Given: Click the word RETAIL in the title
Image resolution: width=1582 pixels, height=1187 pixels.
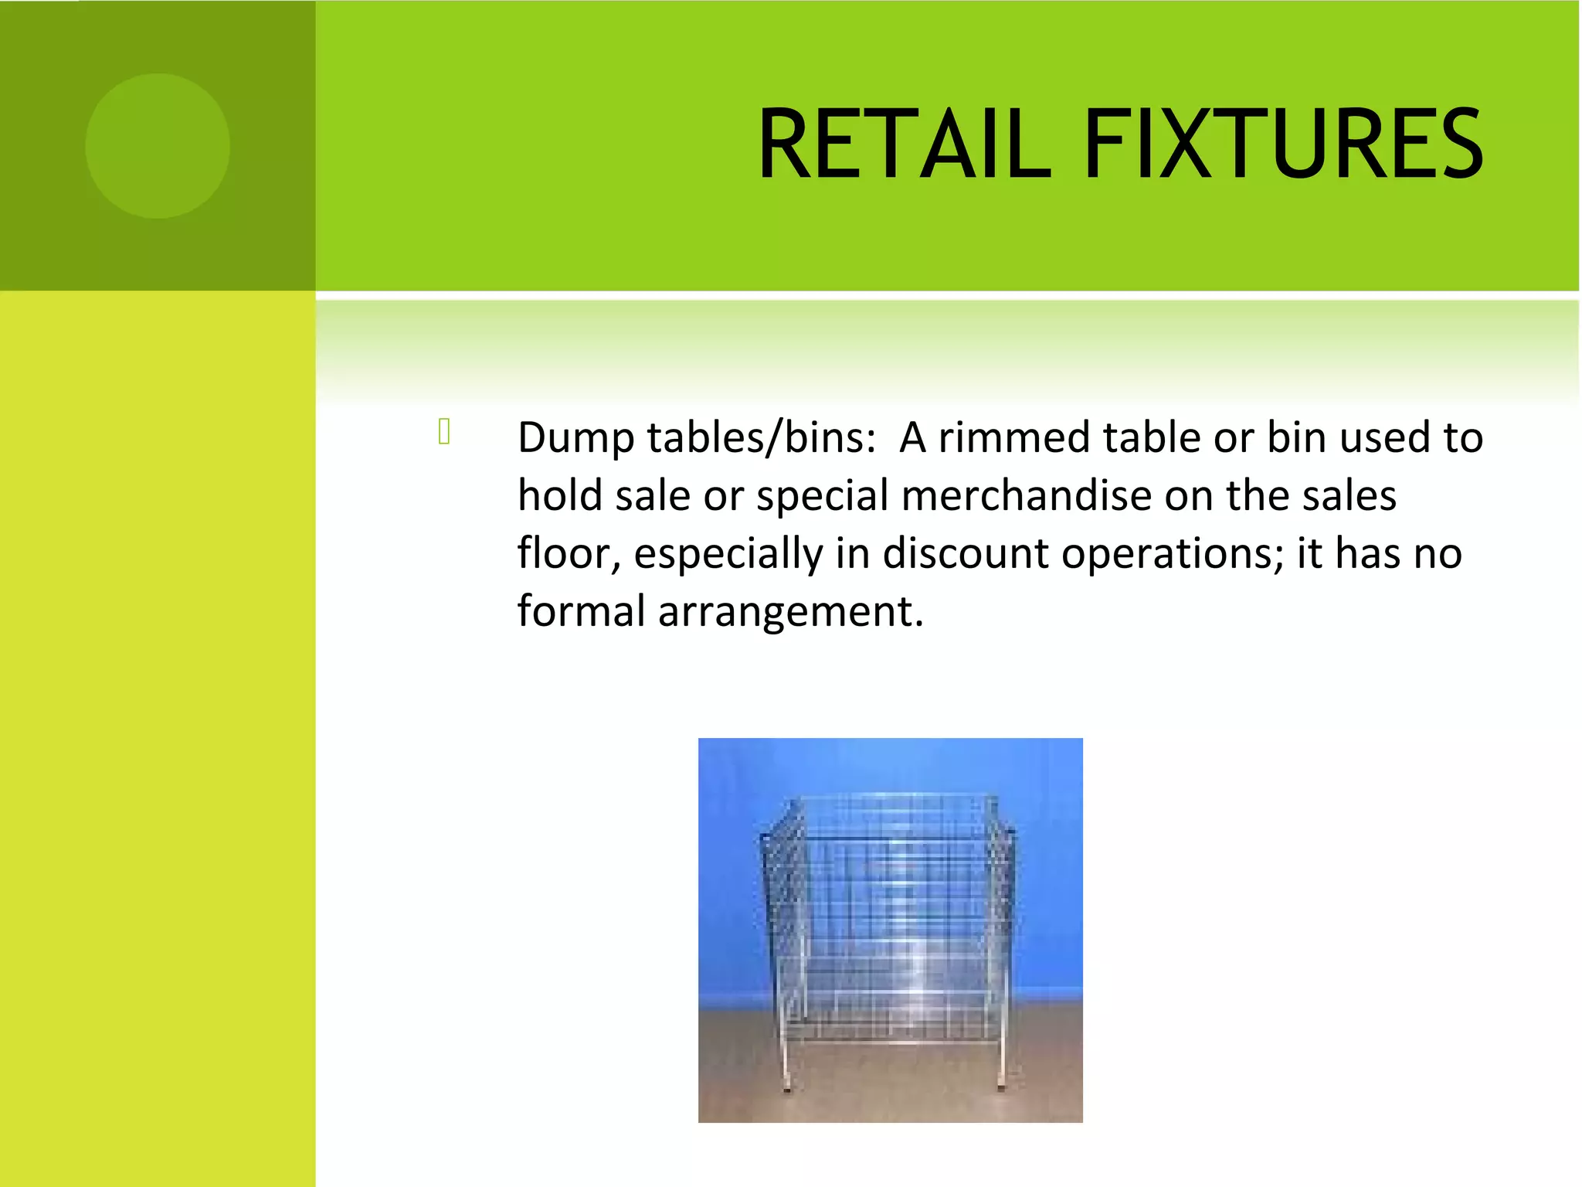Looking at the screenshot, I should click(905, 145).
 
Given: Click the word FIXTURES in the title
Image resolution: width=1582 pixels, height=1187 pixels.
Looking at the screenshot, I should click(1283, 145).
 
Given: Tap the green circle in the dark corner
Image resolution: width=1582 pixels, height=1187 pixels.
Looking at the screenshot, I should click(158, 145).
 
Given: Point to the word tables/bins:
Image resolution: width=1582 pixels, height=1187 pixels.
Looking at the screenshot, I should click(762, 438).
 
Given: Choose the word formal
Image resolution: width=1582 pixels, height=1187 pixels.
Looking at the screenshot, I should click(581, 611).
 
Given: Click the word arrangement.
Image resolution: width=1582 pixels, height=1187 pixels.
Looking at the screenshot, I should click(790, 613).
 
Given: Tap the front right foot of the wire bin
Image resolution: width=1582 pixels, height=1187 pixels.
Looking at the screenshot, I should click(1001, 1087).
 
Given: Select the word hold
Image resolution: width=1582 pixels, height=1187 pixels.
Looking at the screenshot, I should click(560, 495).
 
